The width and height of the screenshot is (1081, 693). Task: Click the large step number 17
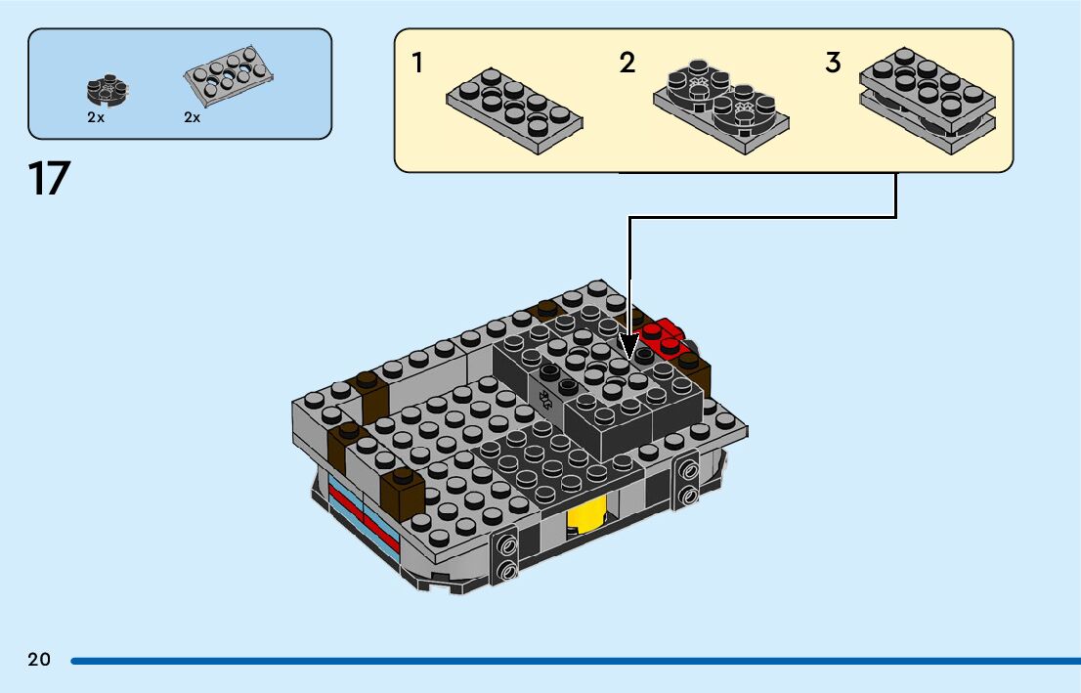(50, 180)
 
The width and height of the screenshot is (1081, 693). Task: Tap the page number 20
(39, 660)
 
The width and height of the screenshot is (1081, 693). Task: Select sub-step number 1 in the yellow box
(417, 65)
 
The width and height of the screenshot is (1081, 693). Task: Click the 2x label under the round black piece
(95, 117)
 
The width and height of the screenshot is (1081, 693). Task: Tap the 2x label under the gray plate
(192, 117)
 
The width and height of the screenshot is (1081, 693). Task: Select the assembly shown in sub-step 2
(720, 103)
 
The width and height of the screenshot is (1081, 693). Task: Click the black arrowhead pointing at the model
(628, 352)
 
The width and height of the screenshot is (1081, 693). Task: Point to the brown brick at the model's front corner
(404, 493)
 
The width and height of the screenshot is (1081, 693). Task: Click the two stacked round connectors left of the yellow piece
(508, 557)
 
